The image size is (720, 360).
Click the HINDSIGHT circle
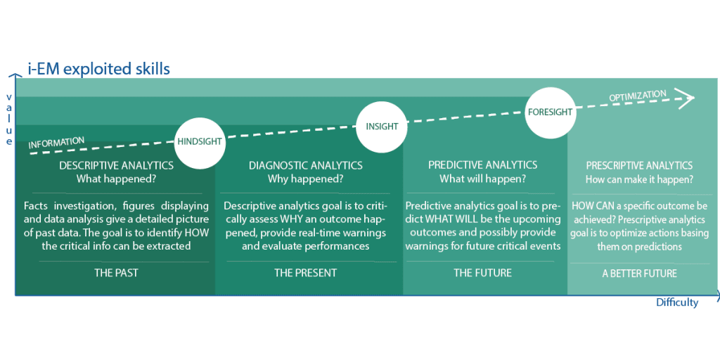tap(199, 142)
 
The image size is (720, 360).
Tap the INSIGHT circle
tap(382, 127)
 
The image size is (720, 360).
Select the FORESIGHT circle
tap(550, 112)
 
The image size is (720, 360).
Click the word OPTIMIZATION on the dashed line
tap(637, 96)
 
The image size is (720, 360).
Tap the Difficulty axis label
tap(677, 302)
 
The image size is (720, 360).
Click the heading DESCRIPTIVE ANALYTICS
tap(116, 165)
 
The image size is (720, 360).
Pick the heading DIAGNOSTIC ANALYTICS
tap(305, 165)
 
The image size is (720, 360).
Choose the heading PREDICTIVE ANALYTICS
tap(482, 165)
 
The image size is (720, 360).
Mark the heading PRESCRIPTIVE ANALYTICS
tap(639, 165)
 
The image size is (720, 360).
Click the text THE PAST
tap(116, 273)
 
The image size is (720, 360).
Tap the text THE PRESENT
tap(305, 273)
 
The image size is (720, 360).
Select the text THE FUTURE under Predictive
tap(482, 273)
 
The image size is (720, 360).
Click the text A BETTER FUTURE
tap(639, 274)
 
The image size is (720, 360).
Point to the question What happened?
tap(116, 179)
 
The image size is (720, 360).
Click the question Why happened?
tap(305, 179)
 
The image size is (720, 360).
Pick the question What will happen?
tap(482, 179)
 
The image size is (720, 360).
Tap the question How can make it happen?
tap(639, 179)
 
